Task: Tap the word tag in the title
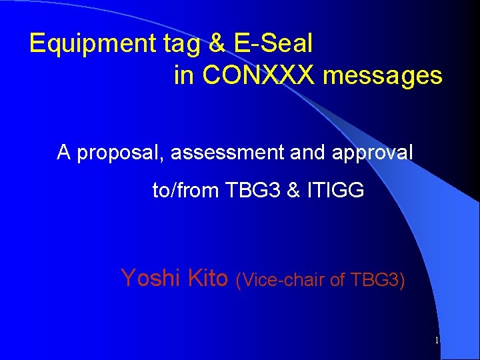coord(183,44)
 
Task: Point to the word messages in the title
coord(383,76)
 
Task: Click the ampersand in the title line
coord(217,44)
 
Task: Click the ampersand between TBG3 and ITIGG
coord(294,191)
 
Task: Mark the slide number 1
coord(436,341)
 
